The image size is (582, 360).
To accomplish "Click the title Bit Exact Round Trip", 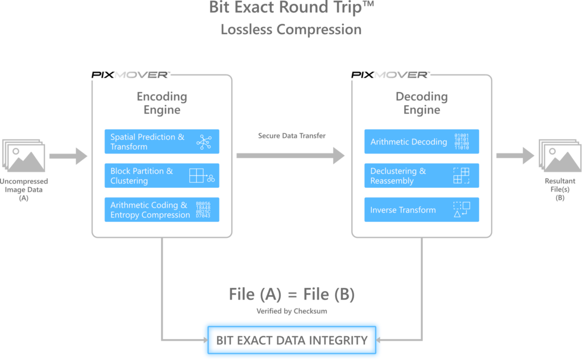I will (291, 9).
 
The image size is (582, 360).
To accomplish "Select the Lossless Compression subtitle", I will (291, 30).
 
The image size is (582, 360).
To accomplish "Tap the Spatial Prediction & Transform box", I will (161, 142).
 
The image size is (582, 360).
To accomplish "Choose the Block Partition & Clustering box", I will (161, 176).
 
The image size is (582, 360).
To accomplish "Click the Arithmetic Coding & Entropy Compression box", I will (161, 210).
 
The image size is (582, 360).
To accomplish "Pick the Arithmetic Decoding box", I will (421, 142).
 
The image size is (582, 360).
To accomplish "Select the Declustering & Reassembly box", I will (421, 176).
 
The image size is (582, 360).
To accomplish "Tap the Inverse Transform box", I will (421, 210).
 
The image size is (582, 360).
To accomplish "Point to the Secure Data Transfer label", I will (292, 136).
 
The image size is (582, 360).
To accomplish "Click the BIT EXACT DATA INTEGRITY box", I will (292, 340).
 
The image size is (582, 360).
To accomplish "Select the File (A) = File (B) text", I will (292, 294).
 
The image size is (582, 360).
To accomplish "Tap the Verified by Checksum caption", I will (292, 311).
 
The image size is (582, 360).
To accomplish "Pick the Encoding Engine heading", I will (161, 103).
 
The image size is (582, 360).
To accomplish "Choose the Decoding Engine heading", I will (421, 103).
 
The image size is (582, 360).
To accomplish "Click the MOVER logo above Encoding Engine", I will (141, 75).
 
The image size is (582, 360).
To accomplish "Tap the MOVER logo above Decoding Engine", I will (401, 75).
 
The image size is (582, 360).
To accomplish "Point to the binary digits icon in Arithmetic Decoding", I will (462, 142).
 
